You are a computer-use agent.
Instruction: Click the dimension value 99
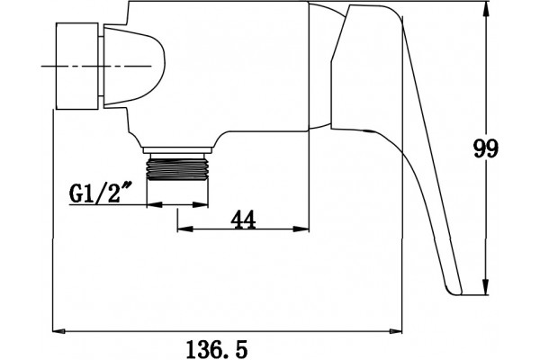(486, 148)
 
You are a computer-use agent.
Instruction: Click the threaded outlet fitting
(177, 166)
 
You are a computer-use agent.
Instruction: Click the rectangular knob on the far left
(76, 66)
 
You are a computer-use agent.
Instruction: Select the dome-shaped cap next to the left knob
(133, 66)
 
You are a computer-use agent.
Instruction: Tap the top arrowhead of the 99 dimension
(486, 8)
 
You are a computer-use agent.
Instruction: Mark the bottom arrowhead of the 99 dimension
(486, 288)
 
